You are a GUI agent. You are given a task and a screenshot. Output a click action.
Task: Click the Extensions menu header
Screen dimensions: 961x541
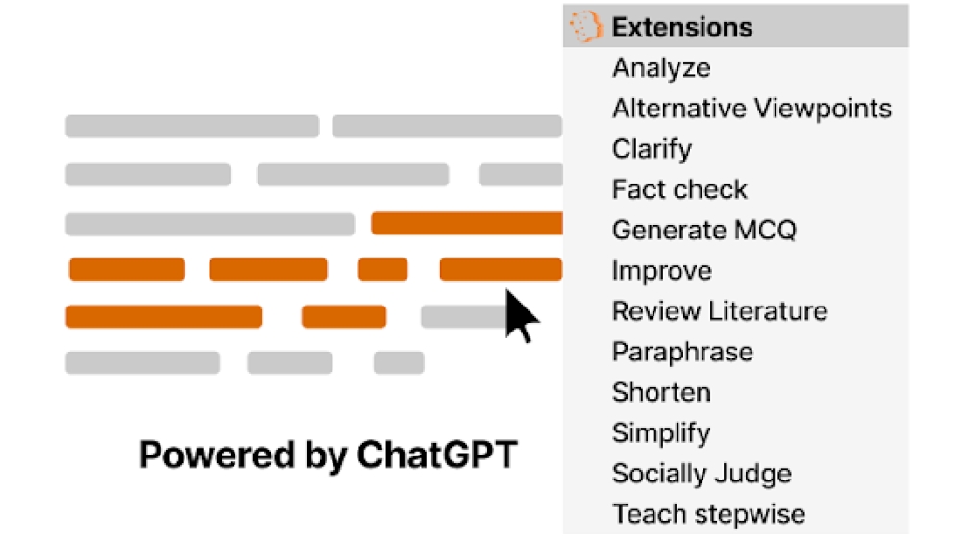point(682,27)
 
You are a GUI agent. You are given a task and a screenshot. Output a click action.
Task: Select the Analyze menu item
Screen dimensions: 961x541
point(661,68)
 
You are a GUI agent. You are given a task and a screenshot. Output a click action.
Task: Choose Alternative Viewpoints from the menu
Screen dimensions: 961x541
point(752,109)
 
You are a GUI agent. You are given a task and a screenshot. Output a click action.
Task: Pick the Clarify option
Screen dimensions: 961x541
point(653,149)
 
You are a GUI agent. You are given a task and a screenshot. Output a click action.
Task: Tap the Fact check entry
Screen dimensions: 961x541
point(679,189)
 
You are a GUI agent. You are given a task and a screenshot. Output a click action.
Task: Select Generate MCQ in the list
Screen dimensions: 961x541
point(704,230)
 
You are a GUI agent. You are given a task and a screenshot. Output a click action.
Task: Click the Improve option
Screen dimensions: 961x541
point(662,270)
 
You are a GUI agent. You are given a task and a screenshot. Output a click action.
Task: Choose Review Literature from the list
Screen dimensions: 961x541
point(720,311)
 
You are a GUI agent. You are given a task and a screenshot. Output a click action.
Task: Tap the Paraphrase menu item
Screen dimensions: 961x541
point(682,352)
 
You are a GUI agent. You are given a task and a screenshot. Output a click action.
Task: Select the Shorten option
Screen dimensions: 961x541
point(661,392)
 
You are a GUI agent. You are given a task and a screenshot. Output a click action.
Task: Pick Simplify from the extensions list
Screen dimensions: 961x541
point(661,432)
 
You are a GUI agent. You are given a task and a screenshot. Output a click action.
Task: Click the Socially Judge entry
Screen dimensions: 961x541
point(702,474)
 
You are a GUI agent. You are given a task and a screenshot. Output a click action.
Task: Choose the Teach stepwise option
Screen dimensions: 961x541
point(708,514)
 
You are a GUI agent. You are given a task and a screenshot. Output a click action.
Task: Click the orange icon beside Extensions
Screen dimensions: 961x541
point(585,26)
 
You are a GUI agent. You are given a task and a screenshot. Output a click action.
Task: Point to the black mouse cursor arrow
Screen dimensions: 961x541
point(519,314)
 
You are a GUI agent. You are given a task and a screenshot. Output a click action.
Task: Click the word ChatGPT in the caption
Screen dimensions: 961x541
point(437,455)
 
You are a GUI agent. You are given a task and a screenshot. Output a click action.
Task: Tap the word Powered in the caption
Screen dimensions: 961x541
point(217,455)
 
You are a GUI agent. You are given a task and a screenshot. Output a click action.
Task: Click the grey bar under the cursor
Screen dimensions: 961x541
point(463,317)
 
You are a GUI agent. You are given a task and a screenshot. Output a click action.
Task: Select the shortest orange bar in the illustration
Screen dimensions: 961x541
point(383,270)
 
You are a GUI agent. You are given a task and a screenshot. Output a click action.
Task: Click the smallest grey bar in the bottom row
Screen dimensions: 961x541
point(399,362)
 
